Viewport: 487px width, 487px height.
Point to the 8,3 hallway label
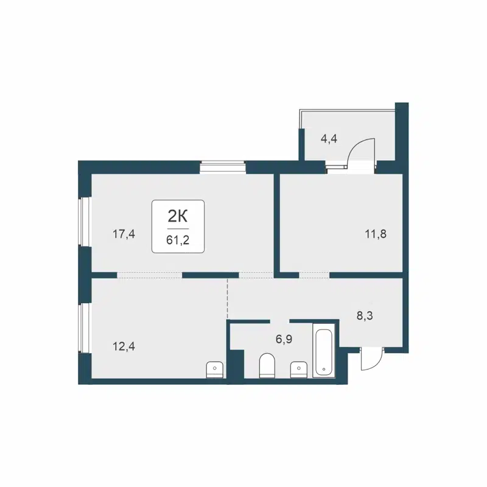pyautogui.click(x=365, y=315)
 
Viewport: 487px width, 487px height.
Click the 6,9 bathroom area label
pyautogui.click(x=284, y=339)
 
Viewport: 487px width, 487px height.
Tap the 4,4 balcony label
pyautogui.click(x=329, y=138)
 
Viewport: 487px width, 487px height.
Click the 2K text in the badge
pyautogui.click(x=177, y=215)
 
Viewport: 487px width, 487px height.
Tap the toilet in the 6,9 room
pyautogui.click(x=267, y=365)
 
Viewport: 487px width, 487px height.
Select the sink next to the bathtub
pyautogui.click(x=298, y=369)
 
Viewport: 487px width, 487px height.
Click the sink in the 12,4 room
pyautogui.click(x=215, y=369)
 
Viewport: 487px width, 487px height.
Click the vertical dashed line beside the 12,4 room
pyautogui.click(x=227, y=299)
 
